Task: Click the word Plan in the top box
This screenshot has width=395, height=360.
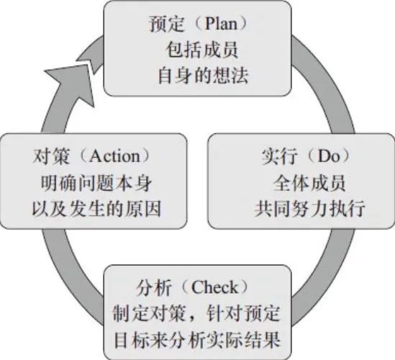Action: (x=221, y=24)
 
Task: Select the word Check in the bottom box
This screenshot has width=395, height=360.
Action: (x=214, y=287)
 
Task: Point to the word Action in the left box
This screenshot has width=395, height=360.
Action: (x=114, y=156)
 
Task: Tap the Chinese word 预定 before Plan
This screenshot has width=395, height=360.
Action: (x=167, y=24)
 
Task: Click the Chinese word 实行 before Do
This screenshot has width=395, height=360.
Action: (x=279, y=156)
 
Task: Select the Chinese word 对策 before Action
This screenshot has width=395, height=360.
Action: (x=51, y=156)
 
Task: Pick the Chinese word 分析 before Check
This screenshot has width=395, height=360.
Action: (x=154, y=287)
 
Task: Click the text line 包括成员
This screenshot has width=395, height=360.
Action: (x=202, y=50)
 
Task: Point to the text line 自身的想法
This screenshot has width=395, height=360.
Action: (x=203, y=76)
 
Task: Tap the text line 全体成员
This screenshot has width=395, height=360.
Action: (x=309, y=183)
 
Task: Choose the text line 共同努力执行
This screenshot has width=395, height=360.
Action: (x=309, y=209)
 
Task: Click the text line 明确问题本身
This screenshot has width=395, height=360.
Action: (x=96, y=183)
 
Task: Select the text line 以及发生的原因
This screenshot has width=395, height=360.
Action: (x=96, y=209)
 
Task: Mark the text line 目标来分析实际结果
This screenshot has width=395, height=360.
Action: (x=197, y=340)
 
